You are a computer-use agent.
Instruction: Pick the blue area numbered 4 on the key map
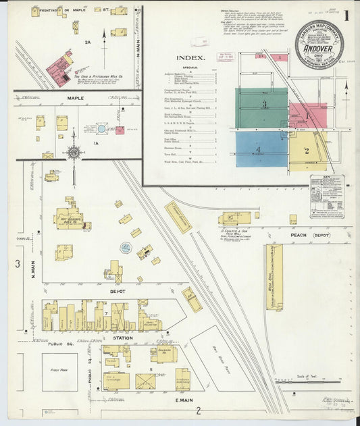point(261,150)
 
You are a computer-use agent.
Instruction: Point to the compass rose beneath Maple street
point(74,152)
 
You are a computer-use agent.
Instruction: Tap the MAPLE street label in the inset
point(76,99)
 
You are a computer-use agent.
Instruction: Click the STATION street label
point(122,338)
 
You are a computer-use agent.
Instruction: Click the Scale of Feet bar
point(307,381)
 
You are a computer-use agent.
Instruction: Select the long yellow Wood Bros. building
point(274,277)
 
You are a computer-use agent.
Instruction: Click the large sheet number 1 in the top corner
point(346,15)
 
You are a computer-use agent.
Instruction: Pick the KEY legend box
point(326,196)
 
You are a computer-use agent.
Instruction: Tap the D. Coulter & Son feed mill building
point(236,217)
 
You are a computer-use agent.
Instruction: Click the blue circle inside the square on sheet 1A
point(101,128)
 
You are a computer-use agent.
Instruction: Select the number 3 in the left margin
point(18,263)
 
